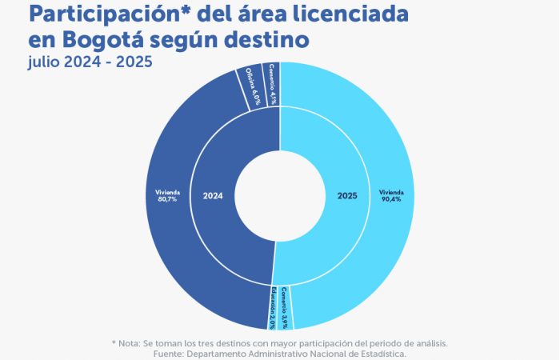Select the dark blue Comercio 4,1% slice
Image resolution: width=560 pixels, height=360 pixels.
pos(273,85)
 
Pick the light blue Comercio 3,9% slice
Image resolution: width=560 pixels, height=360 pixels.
pos(286,307)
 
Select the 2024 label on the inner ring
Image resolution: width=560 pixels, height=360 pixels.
pos(213,194)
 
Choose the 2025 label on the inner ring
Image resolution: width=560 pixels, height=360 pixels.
pos(347,194)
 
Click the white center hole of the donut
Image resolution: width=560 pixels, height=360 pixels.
pos(280,194)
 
